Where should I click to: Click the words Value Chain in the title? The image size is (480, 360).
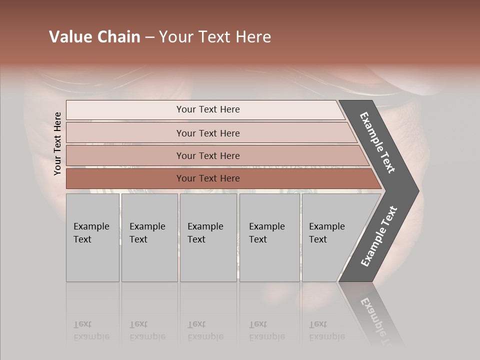(94, 37)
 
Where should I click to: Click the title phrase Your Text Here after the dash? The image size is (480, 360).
(215, 37)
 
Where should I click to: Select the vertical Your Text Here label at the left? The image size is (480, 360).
(57, 143)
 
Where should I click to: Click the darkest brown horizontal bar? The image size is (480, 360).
(125, 178)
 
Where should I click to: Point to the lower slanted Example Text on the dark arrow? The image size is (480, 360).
(379, 236)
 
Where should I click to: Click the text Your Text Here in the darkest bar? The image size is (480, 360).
(208, 178)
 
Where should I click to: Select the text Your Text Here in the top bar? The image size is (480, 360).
(208, 109)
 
